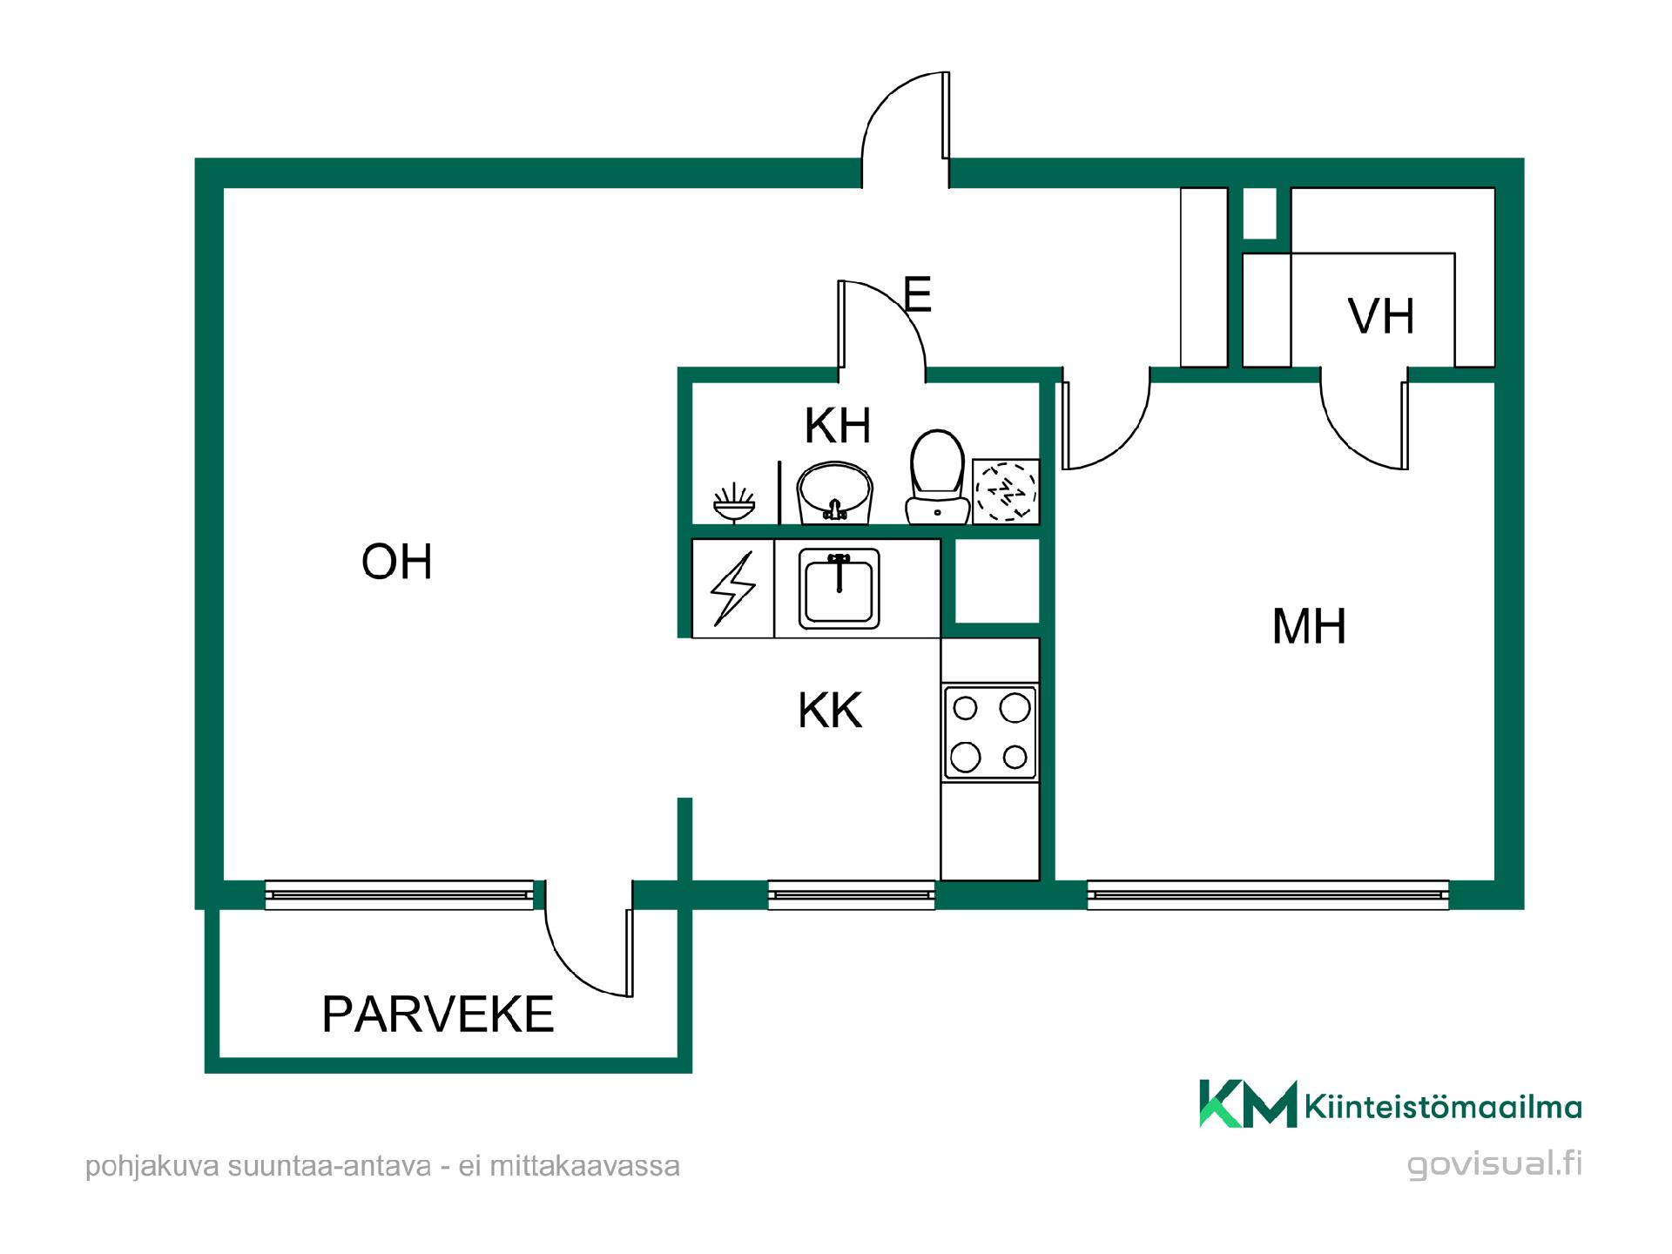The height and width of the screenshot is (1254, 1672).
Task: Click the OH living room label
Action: pos(397,562)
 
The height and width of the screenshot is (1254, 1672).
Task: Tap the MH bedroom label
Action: pos(1309,626)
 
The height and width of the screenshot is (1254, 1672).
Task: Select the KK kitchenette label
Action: pos(830,711)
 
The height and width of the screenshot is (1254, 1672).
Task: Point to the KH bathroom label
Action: pos(837,426)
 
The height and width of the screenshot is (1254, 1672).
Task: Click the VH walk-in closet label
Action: pos(1381,316)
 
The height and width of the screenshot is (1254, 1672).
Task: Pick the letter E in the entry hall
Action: pos(918,294)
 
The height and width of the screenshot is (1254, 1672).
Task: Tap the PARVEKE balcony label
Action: pos(438,1014)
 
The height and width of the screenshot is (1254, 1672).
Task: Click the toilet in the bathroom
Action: pos(937,476)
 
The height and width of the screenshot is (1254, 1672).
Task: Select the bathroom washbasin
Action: pos(834,494)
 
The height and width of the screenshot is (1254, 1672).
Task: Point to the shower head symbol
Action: pos(734,503)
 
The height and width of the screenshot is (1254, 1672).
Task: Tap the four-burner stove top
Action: pos(990,732)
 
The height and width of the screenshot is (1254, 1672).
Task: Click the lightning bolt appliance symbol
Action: pos(733,590)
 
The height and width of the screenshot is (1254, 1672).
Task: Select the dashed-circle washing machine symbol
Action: pos(1006,491)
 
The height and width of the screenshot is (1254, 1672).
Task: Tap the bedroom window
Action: pos(1268,894)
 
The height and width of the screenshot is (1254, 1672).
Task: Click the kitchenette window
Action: pos(851,894)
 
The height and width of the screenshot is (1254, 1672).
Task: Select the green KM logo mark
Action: pos(1248,1104)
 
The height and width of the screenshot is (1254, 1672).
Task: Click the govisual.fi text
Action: pos(1494,1164)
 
